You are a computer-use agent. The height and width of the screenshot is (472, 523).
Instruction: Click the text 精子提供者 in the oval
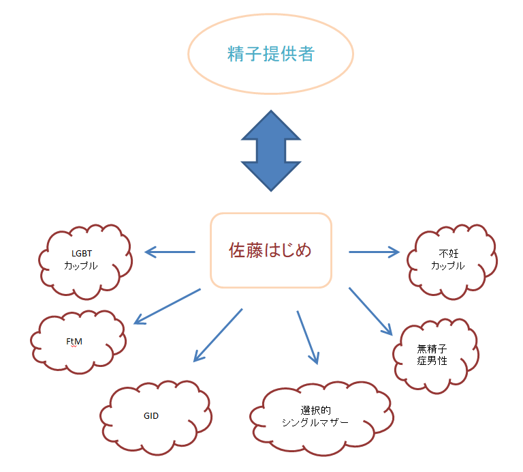point(271,55)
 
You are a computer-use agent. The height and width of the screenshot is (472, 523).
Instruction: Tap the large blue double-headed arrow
point(271,151)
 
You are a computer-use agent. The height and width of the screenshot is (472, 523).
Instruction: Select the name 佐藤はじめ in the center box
point(270,250)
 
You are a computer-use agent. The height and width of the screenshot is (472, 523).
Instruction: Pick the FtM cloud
point(77,341)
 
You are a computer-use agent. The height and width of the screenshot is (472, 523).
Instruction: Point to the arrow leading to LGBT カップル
point(170,253)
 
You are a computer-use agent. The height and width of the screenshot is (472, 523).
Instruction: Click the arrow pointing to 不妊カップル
point(374,252)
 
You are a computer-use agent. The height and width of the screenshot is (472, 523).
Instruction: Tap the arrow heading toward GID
point(218,335)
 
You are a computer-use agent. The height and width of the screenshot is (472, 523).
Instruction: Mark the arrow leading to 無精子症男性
point(371,311)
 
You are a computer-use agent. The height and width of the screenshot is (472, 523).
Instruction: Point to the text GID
point(151,415)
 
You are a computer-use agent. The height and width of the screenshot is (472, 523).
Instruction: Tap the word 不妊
point(447,254)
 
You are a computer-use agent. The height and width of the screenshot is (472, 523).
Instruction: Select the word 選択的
point(315,411)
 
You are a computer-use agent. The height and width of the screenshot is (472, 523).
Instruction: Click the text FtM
point(74,341)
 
